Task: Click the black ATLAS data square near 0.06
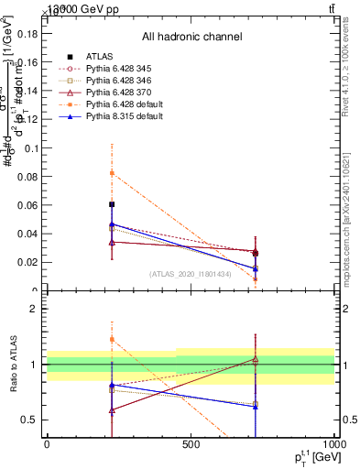click(x=112, y=204)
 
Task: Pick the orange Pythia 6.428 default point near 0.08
click(x=112, y=172)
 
